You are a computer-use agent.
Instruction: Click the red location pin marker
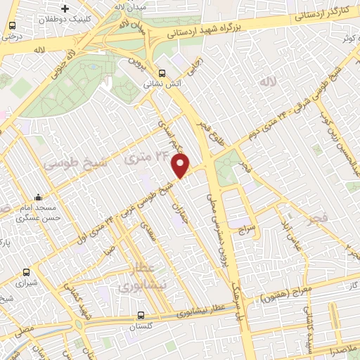(x=181, y=165)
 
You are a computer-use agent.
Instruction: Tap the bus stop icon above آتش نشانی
(x=162, y=72)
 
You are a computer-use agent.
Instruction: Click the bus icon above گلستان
(x=141, y=316)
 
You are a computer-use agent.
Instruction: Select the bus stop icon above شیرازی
(x=26, y=271)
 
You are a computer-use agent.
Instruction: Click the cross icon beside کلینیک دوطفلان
(x=65, y=8)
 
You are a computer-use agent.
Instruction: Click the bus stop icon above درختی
(x=12, y=26)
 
